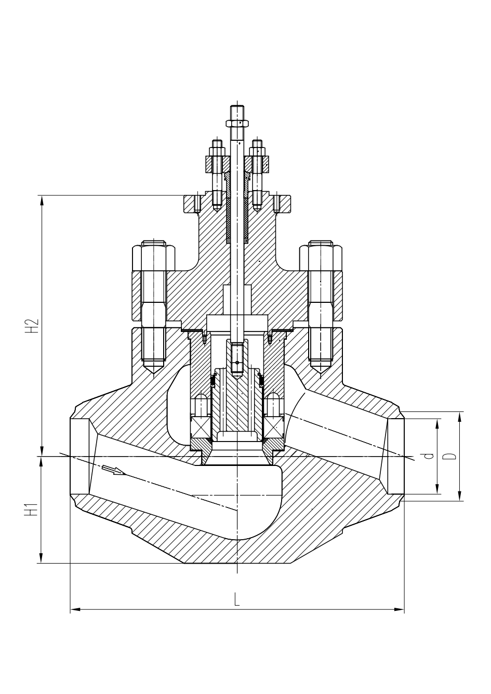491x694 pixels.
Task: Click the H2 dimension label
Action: [34, 326]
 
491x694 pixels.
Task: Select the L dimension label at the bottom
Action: [237, 600]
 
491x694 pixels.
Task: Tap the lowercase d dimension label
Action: [429, 456]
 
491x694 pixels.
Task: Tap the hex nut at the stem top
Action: [238, 123]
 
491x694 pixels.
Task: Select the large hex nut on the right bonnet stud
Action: [321, 258]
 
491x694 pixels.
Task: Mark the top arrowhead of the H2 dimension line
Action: [41, 199]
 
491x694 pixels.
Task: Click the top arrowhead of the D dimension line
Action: [460, 416]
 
